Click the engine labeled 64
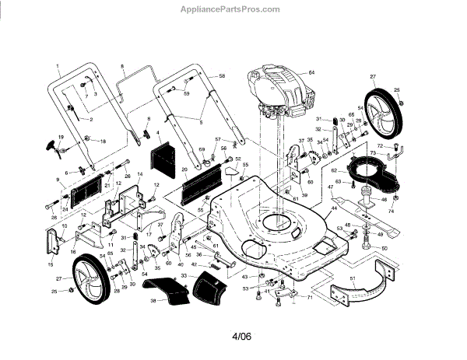276,93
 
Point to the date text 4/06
242,337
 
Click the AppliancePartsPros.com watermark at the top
233,10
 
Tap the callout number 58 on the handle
222,75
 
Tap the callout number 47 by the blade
330,187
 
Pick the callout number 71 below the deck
309,299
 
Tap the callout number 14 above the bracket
140,174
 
